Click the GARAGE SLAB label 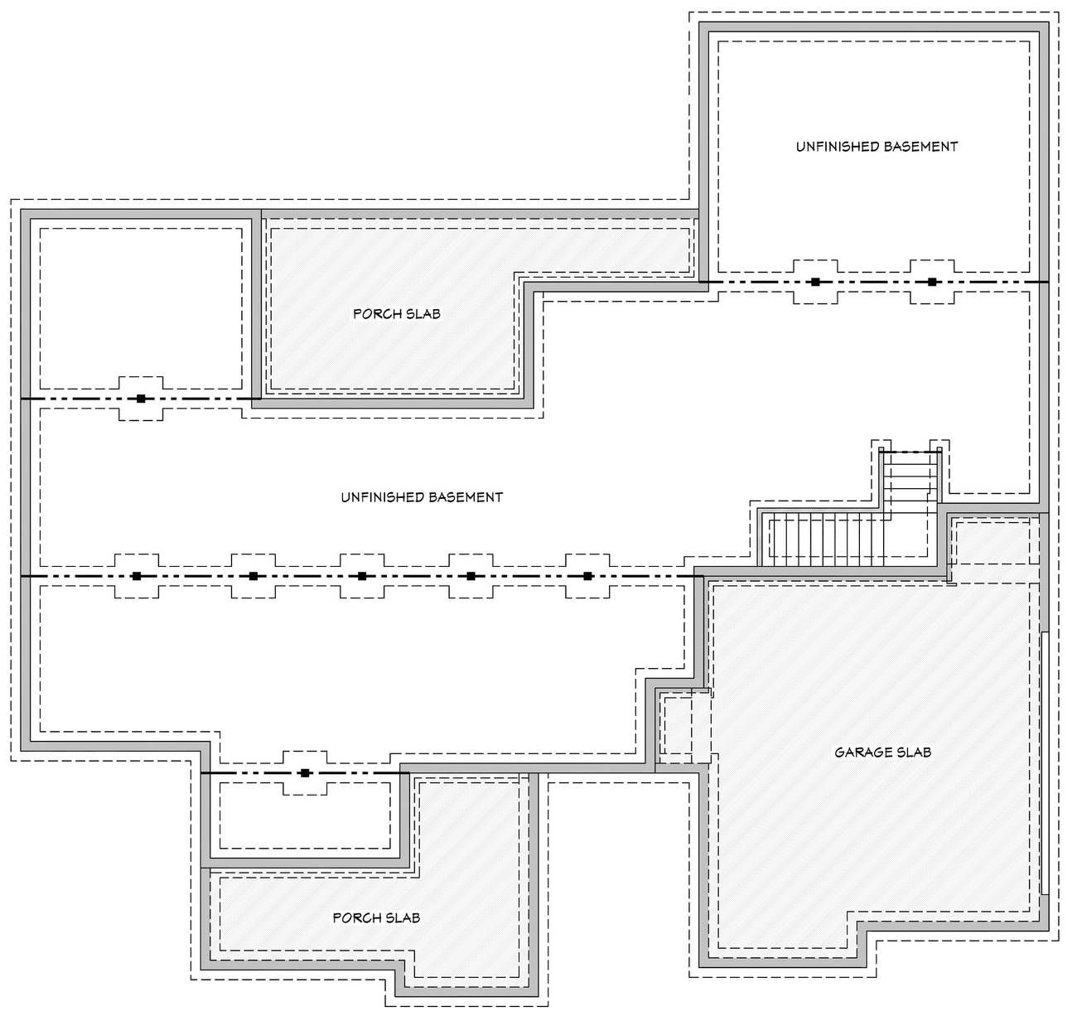[882, 753]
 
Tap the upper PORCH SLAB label [396, 314]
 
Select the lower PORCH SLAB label [376, 918]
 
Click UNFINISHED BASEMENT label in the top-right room [877, 147]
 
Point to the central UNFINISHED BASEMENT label [422, 497]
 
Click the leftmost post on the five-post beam [137, 576]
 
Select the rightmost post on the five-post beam [587, 576]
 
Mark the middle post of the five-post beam [362, 576]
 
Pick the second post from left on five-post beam [254, 576]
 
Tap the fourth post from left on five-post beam [471, 576]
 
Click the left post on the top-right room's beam [815, 282]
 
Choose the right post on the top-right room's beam [932, 282]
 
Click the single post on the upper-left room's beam [141, 399]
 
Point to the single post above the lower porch [305, 773]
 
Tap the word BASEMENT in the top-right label [920, 147]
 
